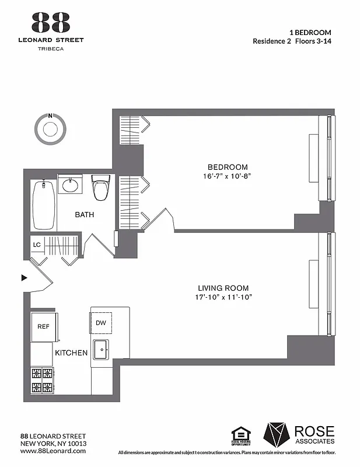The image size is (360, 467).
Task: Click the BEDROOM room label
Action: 228,166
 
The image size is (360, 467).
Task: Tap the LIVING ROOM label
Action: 223,288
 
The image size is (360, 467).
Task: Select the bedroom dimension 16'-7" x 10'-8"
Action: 228,176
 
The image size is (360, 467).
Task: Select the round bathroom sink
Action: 71,186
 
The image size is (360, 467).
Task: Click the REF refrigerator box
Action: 44,327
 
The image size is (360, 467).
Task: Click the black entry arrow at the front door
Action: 25,278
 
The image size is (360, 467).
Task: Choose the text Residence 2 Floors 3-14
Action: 292,41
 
